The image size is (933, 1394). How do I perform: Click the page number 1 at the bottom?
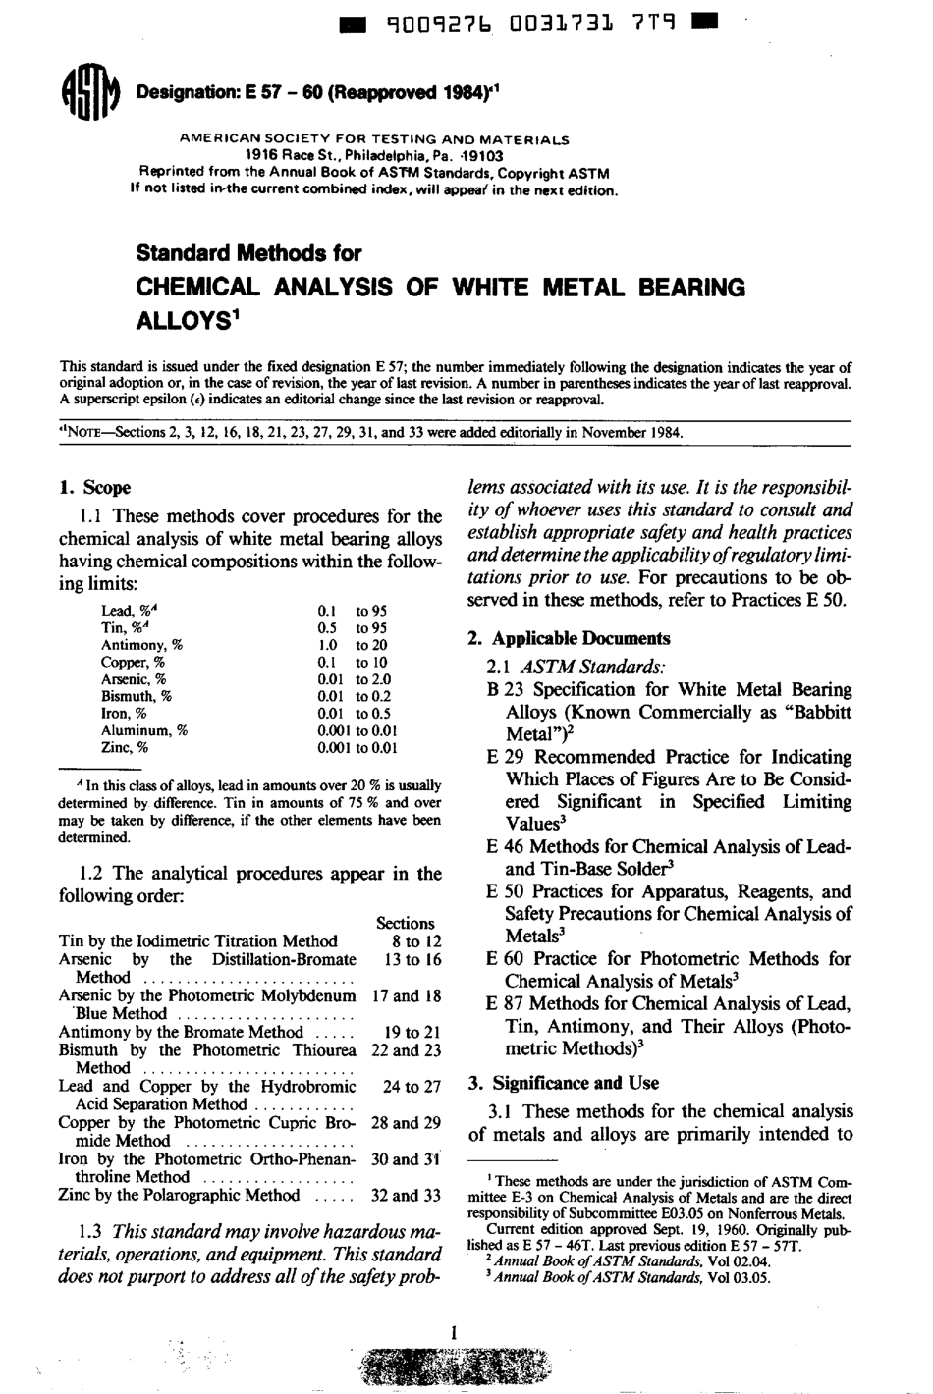pos(454,1332)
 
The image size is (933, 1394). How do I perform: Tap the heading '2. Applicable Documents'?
pos(569,638)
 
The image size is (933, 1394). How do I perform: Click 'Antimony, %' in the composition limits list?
pos(141,645)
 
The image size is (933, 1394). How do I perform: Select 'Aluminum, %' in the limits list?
pos(143,730)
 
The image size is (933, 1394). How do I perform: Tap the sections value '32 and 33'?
pos(406,1196)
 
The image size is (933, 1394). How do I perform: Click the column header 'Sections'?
pos(405,923)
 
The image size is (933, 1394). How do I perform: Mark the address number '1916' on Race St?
pos(262,154)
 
